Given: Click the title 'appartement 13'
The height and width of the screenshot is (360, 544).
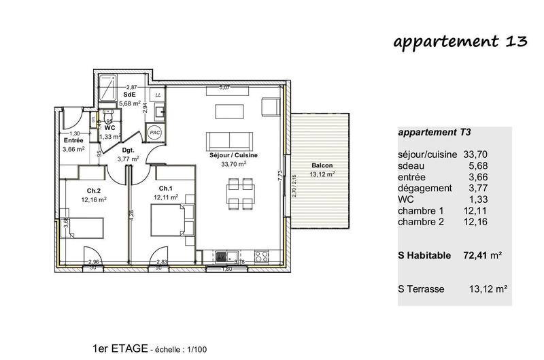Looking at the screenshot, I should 460,41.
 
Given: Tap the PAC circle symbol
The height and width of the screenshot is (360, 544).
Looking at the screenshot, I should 154,133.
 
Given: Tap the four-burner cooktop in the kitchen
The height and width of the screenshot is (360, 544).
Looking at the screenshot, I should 261,257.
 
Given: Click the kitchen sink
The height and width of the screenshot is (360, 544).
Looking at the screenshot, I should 224,257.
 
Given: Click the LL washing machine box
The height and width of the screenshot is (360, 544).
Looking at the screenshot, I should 158,95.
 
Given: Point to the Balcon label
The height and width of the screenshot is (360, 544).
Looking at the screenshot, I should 322,166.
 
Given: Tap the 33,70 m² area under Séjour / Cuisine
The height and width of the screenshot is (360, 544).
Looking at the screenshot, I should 233,164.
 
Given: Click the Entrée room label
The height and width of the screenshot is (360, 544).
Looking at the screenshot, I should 73,141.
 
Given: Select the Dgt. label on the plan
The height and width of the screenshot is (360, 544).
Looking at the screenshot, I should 127,151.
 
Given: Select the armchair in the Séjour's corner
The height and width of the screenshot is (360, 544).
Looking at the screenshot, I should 270,107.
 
